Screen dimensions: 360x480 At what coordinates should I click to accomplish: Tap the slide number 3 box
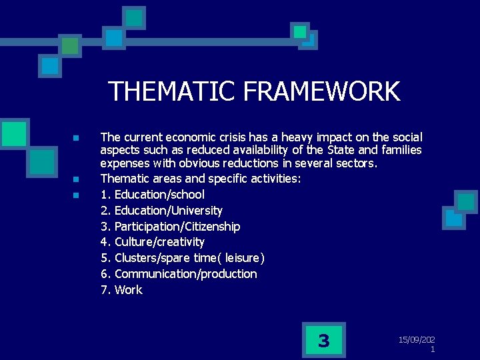pos(323,341)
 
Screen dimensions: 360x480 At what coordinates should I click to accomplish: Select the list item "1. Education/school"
pos(152,195)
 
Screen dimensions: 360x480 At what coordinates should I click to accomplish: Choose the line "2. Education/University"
pos(161,211)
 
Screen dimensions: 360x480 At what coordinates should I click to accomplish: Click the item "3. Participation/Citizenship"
pos(170,227)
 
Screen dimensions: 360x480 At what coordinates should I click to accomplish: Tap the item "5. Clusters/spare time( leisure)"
pos(182,258)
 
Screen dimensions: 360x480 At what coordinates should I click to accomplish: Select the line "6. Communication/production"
pos(178,274)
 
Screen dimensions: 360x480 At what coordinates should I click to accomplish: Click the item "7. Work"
pos(121,290)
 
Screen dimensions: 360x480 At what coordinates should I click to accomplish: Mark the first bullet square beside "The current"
pos(77,138)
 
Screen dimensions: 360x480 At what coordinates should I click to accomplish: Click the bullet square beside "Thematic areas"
pos(77,179)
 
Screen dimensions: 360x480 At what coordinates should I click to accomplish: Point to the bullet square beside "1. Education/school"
pos(77,195)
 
